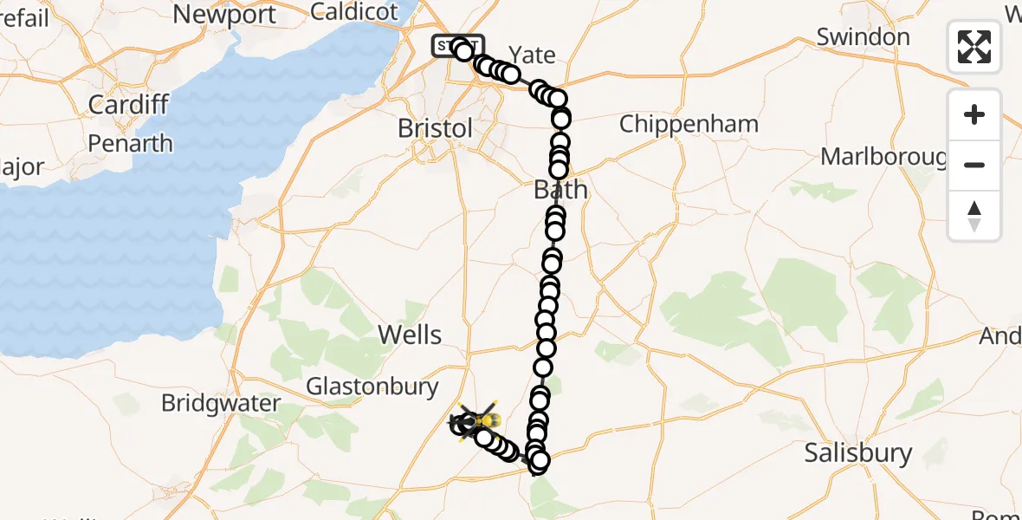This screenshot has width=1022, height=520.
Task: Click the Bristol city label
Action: (x=436, y=128)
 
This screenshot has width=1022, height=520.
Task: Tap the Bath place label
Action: (x=561, y=189)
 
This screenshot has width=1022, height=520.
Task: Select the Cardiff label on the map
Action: (x=128, y=106)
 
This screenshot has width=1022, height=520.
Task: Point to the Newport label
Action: (x=224, y=14)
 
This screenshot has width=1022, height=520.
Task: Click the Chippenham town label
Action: (x=689, y=124)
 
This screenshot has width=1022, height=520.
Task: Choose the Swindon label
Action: (x=863, y=37)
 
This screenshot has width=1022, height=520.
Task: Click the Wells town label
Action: (x=411, y=335)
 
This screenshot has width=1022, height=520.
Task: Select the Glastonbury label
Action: (x=373, y=387)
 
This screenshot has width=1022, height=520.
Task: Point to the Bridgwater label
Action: (x=221, y=403)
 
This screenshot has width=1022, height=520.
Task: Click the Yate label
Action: (x=532, y=55)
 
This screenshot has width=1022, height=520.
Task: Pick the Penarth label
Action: (x=130, y=143)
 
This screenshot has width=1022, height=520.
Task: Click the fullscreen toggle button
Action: (x=974, y=46)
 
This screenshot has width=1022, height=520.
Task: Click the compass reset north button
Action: (x=974, y=216)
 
